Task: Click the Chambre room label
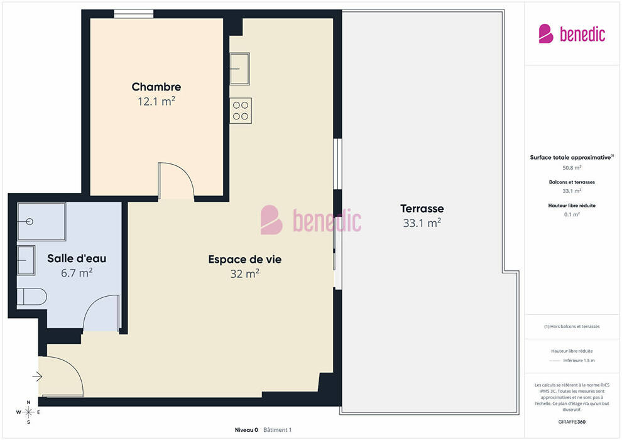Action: click(x=156, y=87)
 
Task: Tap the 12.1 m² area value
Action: click(x=156, y=102)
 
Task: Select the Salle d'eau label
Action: click(x=77, y=258)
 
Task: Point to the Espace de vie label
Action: click(x=245, y=260)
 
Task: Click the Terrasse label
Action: click(x=422, y=209)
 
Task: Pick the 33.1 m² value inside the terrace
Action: click(x=422, y=223)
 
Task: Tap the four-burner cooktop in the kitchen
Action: click(x=241, y=111)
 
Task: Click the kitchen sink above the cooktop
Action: click(x=239, y=69)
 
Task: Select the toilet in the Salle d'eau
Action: click(x=32, y=297)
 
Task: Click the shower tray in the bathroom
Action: click(x=41, y=221)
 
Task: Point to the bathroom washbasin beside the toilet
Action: click(x=26, y=260)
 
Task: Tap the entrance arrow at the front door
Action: click(x=37, y=376)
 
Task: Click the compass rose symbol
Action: click(x=28, y=412)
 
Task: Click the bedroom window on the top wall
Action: click(x=134, y=14)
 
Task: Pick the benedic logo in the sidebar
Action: click(x=572, y=34)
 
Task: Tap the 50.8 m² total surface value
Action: click(x=572, y=168)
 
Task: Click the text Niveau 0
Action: click(x=246, y=430)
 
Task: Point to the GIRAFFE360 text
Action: click(x=572, y=422)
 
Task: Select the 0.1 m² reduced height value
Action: click(x=572, y=214)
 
